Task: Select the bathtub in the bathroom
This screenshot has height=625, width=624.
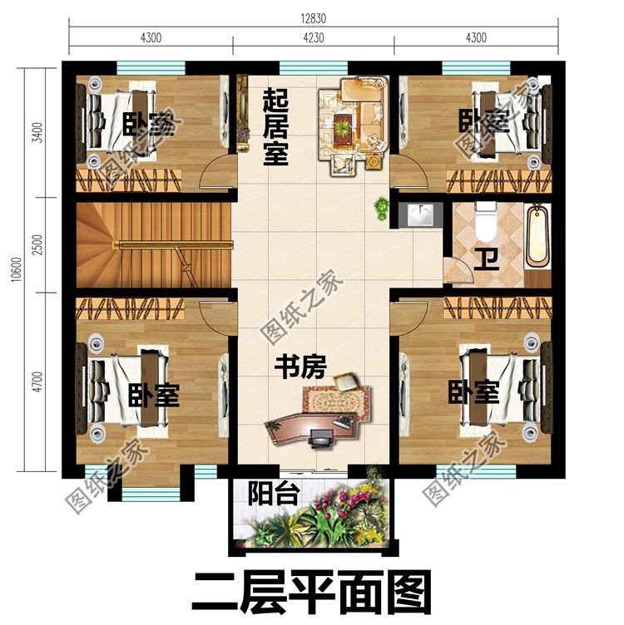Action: pos(539,236)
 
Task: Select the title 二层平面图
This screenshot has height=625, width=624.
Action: pos(312,592)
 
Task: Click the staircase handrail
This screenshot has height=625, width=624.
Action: pos(175,244)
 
